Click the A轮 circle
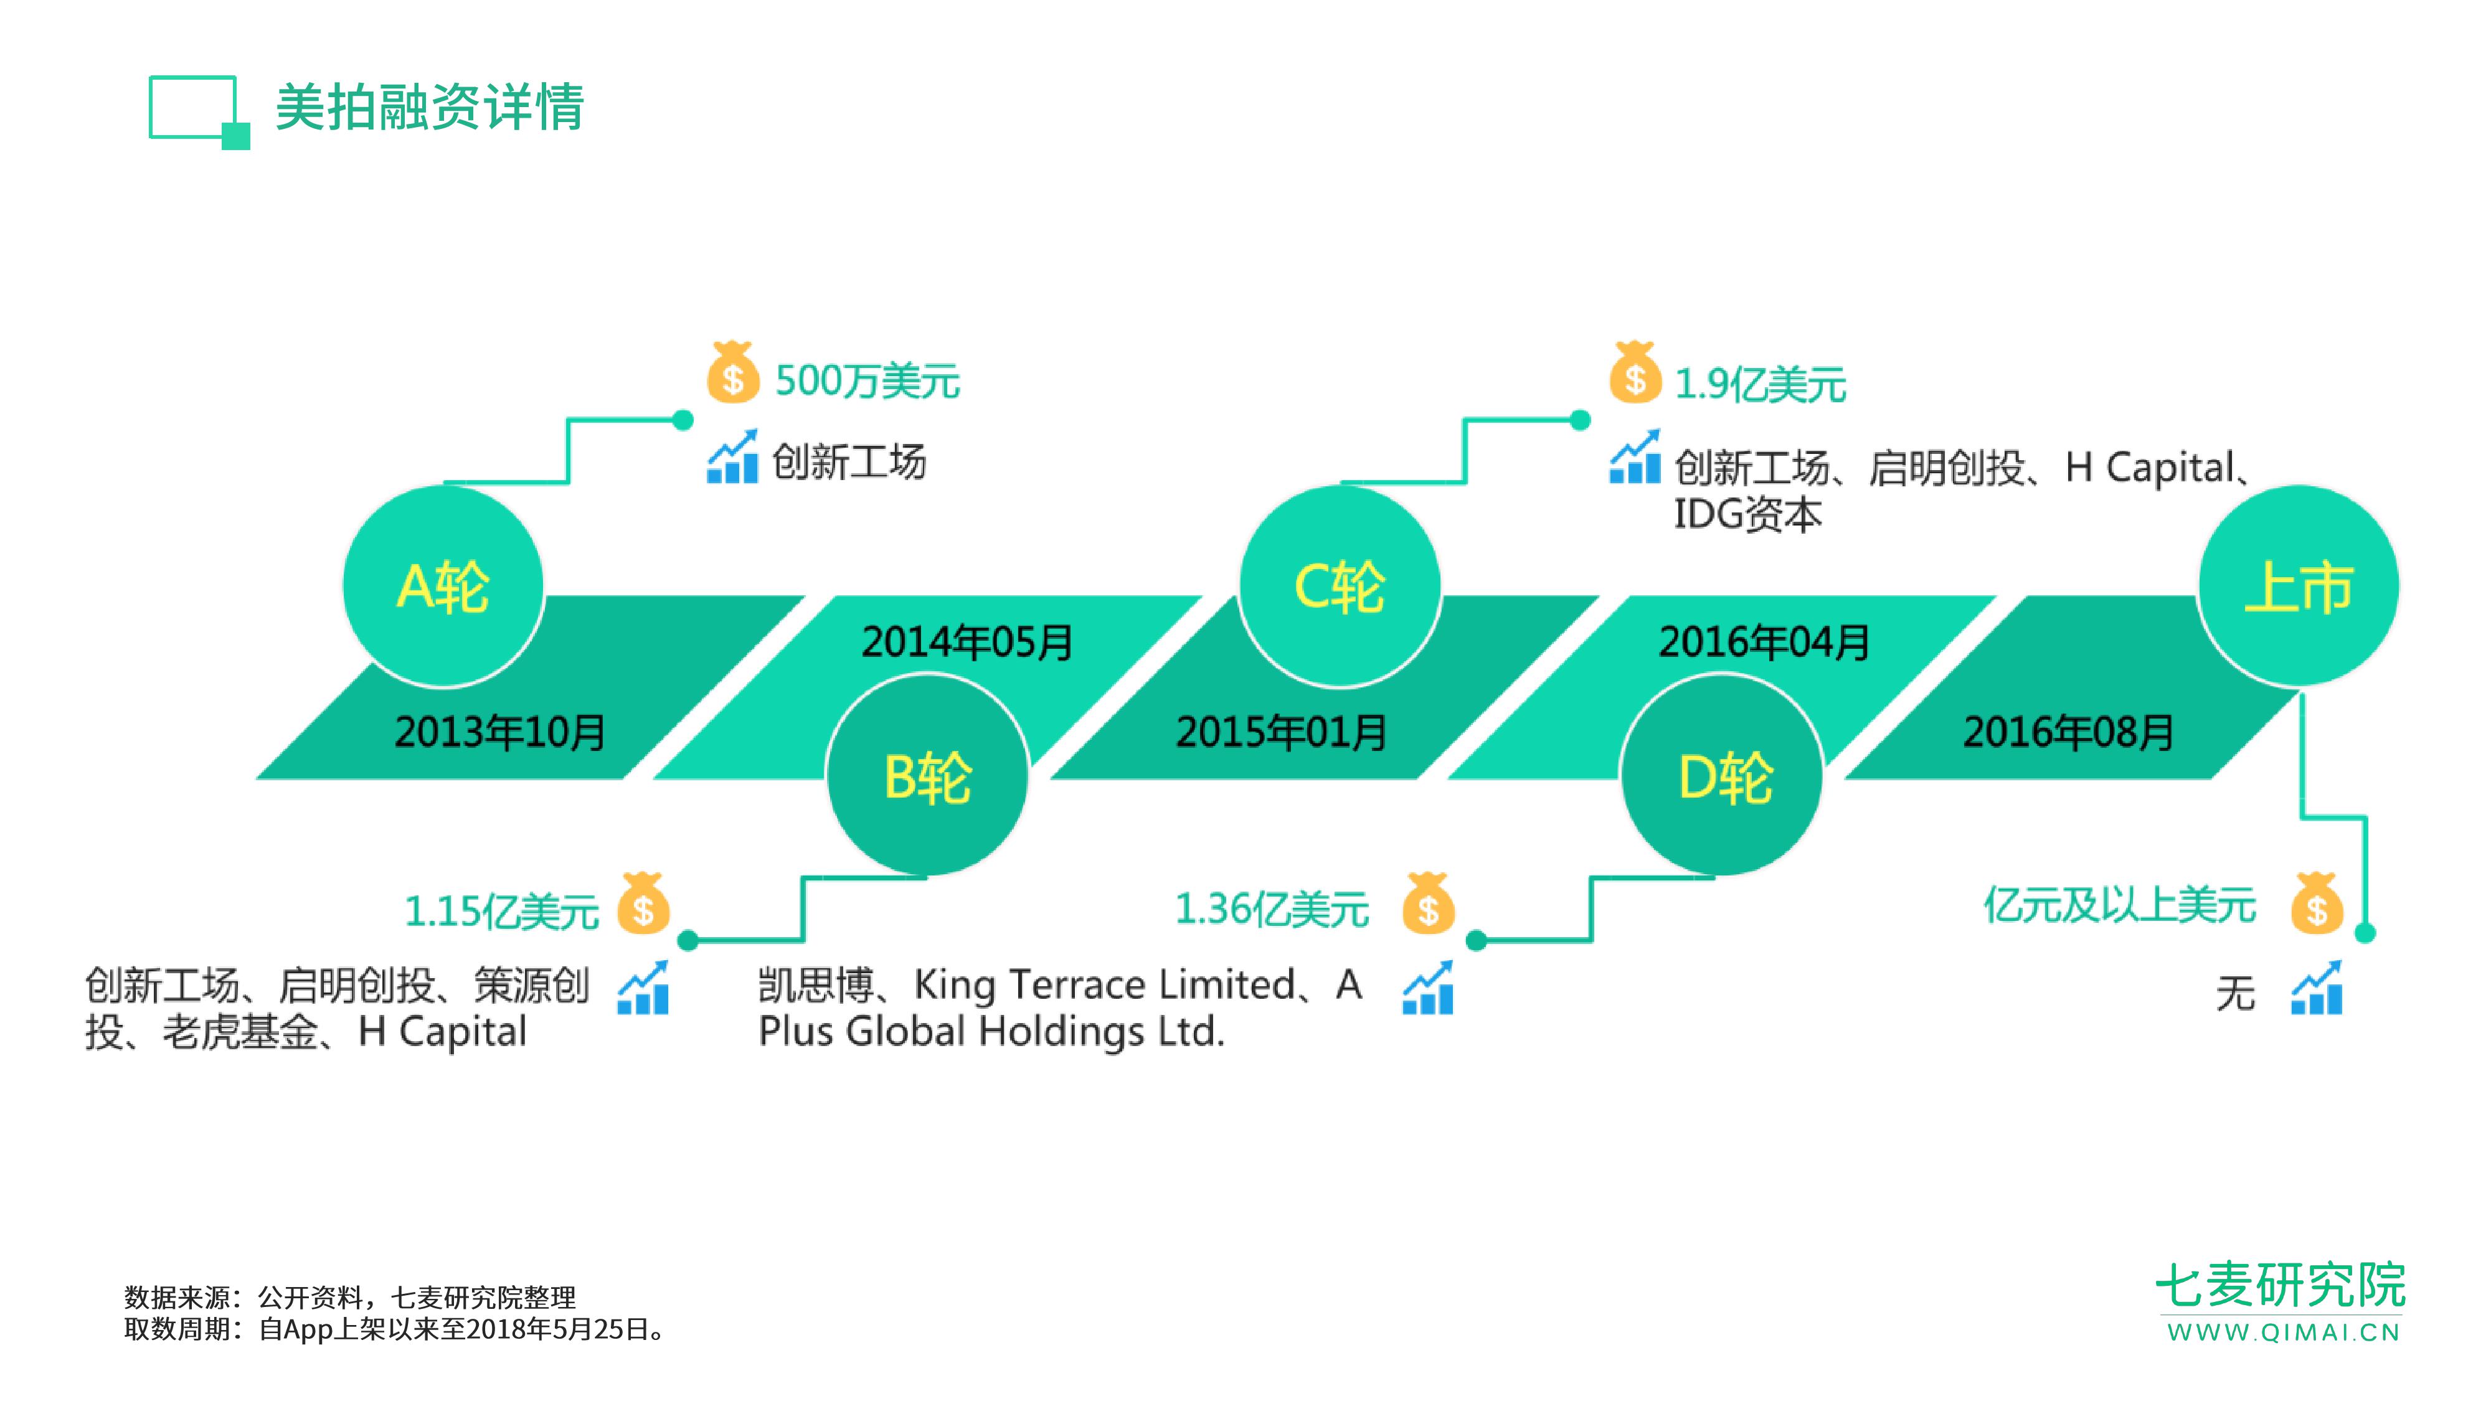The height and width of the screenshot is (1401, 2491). [x=443, y=586]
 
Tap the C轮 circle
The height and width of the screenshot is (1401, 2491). [x=1340, y=586]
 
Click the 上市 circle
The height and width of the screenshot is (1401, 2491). [x=2299, y=586]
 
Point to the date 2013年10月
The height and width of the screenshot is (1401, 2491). [x=500, y=732]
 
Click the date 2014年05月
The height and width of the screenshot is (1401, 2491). [x=967, y=642]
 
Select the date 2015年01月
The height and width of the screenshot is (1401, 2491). [x=1281, y=732]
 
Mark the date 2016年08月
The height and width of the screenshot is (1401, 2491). [x=2068, y=732]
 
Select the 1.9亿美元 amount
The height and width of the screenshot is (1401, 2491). [x=1760, y=385]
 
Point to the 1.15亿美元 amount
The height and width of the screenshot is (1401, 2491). [x=502, y=912]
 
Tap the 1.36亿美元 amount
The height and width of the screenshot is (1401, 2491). [x=1272, y=910]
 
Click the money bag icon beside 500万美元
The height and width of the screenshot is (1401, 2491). [x=732, y=372]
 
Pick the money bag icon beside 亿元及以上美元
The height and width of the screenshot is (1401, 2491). [x=2316, y=905]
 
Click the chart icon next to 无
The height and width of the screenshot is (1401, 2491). [x=2317, y=989]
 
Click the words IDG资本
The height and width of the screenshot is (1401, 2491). [x=1747, y=514]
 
